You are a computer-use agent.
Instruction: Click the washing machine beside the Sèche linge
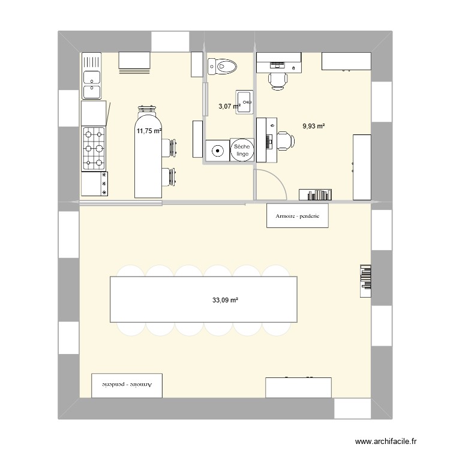pyautogui.click(x=217, y=151)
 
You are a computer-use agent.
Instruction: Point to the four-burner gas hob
pyautogui.click(x=93, y=148)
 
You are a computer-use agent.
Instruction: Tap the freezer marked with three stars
pyautogui.click(x=94, y=184)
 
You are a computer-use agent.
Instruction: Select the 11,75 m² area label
pyautogui.click(x=148, y=131)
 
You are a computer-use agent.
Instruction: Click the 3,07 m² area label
pyautogui.click(x=229, y=106)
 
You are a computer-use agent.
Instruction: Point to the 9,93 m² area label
pyautogui.click(x=314, y=126)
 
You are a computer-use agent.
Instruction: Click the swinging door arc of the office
pyautogui.click(x=274, y=182)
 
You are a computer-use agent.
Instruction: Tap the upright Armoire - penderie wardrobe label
pyautogui.click(x=298, y=216)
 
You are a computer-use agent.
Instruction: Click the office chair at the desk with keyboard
pyautogui.click(x=284, y=140)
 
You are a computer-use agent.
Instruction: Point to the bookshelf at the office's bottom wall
pyautogui.click(x=316, y=194)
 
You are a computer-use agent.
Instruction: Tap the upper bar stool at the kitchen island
pyautogui.click(x=170, y=148)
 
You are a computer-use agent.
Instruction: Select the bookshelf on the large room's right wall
pyautogui.click(x=365, y=281)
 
